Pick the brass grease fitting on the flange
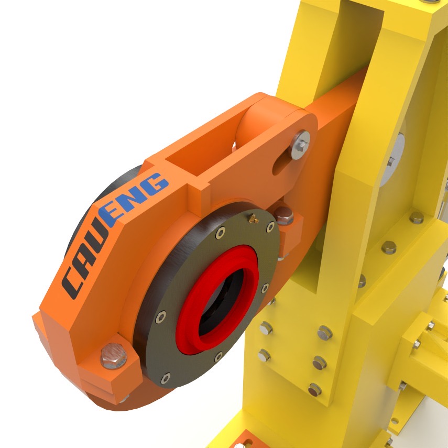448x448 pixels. pyautogui.click(x=253, y=218)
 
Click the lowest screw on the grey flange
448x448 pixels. pyautogui.click(x=166, y=378)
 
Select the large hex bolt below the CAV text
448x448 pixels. pyautogui.click(x=113, y=356)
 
